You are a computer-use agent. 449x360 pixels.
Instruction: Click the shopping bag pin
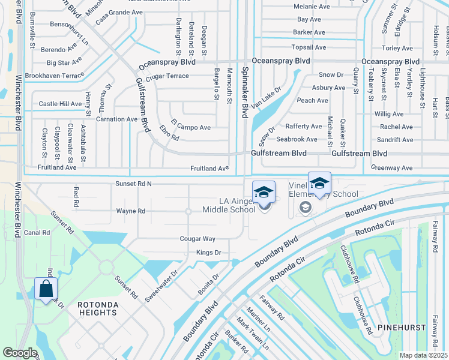click(46, 290)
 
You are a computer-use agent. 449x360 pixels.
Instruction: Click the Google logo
click(20, 353)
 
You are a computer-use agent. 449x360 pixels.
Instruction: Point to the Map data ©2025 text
click(423, 355)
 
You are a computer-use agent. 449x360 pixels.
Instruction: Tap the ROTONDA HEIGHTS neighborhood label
click(97, 308)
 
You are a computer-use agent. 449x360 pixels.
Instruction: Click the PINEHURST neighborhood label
click(402, 328)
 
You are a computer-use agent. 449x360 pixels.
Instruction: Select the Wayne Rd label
click(130, 211)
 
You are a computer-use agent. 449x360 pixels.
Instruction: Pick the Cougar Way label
click(197, 239)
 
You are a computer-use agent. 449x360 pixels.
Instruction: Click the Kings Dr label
click(209, 253)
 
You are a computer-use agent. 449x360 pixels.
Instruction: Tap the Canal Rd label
click(37, 232)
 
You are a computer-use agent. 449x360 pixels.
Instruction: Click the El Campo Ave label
click(190, 127)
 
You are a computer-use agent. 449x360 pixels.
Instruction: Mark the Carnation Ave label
click(117, 119)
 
